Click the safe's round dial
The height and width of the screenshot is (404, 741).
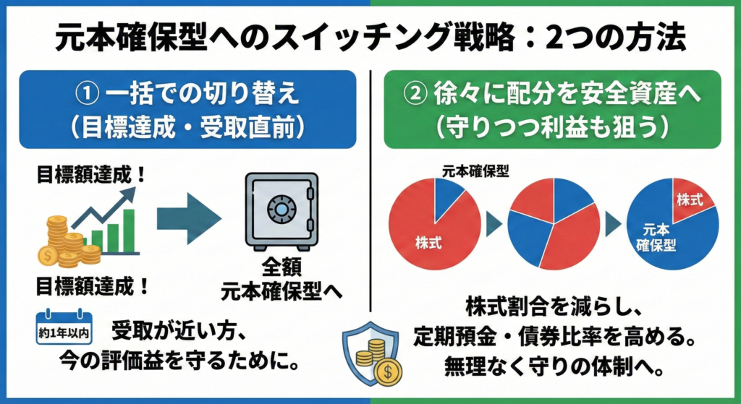(281, 209)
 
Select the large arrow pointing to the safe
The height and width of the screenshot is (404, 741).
(189, 218)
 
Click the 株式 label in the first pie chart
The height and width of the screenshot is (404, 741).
(428, 243)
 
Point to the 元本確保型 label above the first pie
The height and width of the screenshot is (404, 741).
(475, 171)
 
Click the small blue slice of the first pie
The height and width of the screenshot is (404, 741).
(448, 197)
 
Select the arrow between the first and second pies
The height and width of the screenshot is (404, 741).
(494, 225)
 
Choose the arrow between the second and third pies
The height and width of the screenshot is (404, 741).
(614, 225)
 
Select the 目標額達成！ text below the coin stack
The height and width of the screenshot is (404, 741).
(93, 287)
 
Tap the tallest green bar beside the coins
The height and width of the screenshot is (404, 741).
(129, 231)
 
